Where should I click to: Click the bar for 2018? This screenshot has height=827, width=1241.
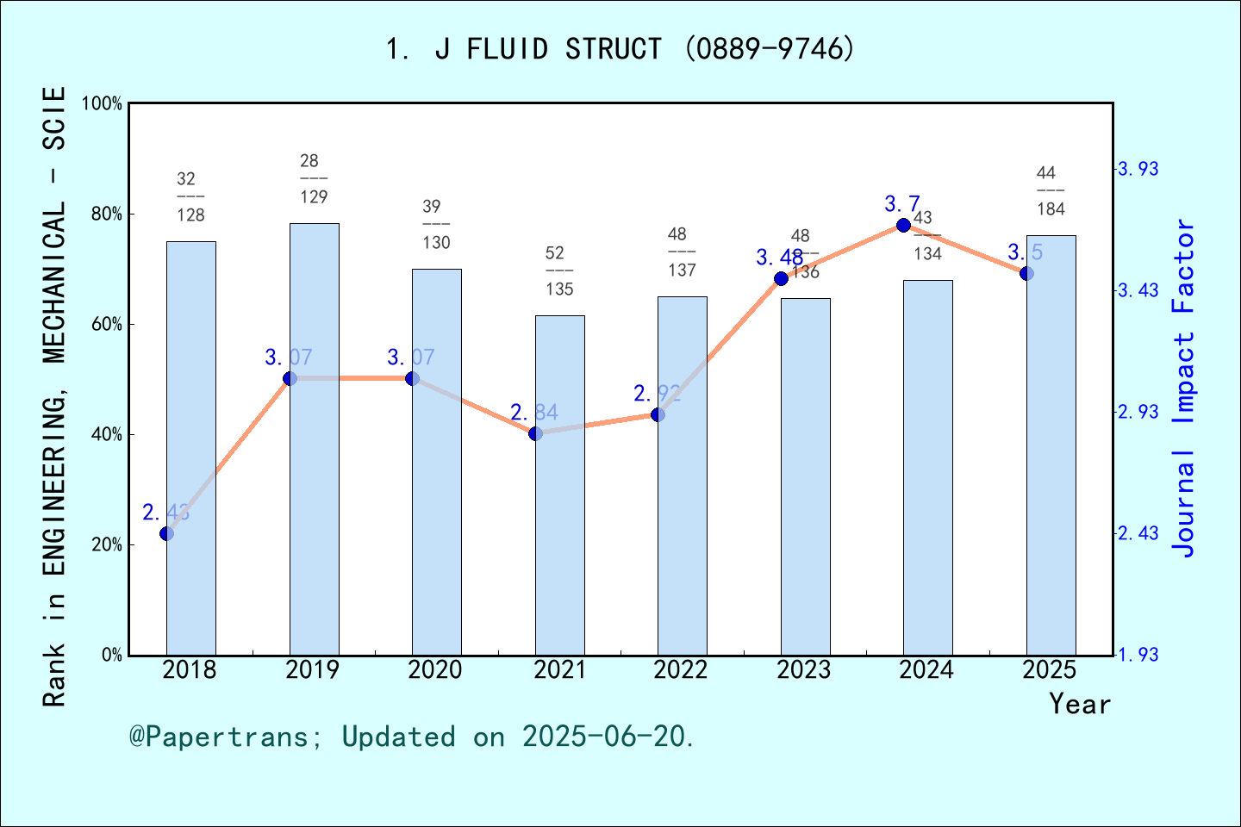(x=190, y=448)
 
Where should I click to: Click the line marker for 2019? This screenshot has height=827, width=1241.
(x=290, y=378)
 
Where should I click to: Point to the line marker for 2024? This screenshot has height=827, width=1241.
(x=903, y=225)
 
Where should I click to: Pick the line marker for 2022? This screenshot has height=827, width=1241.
(x=658, y=414)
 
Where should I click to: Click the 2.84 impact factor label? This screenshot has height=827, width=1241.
(x=534, y=413)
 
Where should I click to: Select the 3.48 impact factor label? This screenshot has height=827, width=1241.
(x=780, y=258)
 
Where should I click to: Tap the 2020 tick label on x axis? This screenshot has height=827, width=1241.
(x=435, y=669)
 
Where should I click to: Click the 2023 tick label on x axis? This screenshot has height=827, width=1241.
(x=804, y=669)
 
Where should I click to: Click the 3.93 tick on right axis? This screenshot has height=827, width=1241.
(x=1138, y=169)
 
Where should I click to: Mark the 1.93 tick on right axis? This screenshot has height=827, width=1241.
(x=1138, y=655)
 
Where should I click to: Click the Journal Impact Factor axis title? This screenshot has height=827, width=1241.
(x=1184, y=388)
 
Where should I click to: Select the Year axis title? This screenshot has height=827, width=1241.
(x=1080, y=704)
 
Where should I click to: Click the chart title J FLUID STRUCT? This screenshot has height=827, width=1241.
(x=620, y=49)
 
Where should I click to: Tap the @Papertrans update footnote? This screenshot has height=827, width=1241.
(x=411, y=737)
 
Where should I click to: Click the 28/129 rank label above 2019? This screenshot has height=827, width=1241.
(x=313, y=179)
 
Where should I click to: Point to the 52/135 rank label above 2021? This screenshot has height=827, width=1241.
(x=558, y=271)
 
